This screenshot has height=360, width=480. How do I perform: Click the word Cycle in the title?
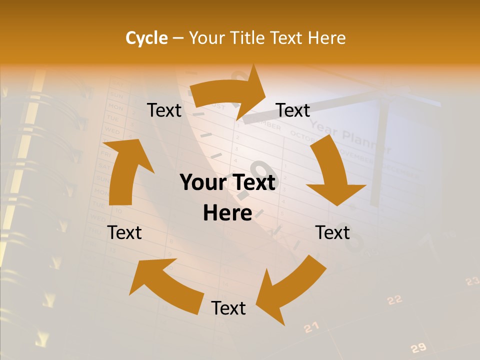(x=146, y=38)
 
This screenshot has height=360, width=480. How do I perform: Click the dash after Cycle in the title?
(x=178, y=38)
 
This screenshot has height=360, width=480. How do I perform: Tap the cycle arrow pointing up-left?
(x=165, y=282)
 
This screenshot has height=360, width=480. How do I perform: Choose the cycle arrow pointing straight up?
(x=127, y=170)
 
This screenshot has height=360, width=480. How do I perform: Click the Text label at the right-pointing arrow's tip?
(x=293, y=110)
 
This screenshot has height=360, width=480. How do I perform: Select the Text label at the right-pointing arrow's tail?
(x=164, y=110)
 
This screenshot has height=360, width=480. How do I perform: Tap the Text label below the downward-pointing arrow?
(x=332, y=232)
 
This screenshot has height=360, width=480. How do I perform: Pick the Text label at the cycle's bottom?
(x=228, y=308)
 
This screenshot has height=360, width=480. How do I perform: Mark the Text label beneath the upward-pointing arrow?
(x=124, y=232)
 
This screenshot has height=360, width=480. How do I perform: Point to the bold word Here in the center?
(x=227, y=213)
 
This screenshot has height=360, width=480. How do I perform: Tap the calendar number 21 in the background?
(x=311, y=327)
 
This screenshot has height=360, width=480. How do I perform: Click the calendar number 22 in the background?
(x=394, y=300)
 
